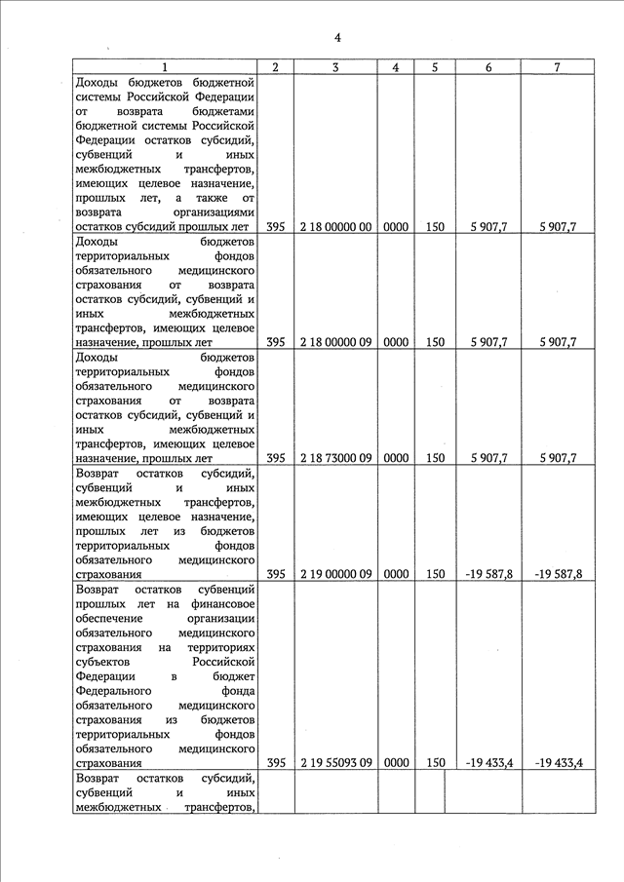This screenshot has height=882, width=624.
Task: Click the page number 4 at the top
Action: pos(336,38)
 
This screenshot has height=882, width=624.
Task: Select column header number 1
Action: pos(165,67)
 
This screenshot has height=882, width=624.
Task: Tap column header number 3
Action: pos(336,67)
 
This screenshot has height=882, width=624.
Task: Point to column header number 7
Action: pos(556,67)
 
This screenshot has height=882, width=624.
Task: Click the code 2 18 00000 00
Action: pos(336,227)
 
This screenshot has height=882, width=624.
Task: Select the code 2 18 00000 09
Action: pos(336,342)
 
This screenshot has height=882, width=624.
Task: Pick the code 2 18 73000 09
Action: pos(336,457)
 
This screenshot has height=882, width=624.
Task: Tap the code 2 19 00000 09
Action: pos(336,574)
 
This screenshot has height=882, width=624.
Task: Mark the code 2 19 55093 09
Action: pos(336,763)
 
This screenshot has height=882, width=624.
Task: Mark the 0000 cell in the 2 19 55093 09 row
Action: pos(396,763)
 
